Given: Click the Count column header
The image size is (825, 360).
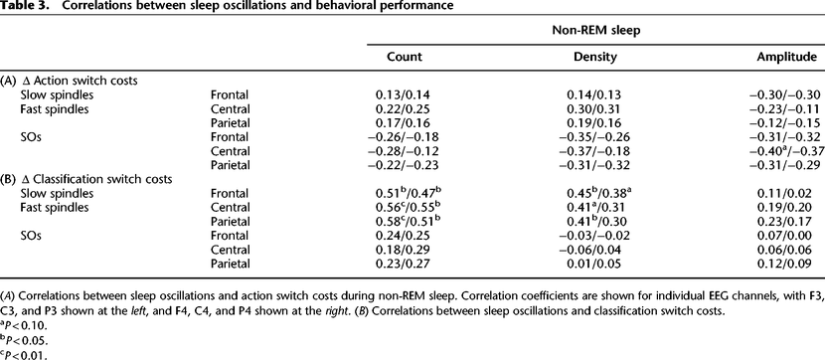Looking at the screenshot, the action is [405, 57].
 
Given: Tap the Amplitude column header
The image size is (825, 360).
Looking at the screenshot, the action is [787, 57].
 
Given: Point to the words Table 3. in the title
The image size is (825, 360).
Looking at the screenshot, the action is [21, 7].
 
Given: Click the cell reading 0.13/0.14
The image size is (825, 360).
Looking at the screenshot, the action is [405, 94].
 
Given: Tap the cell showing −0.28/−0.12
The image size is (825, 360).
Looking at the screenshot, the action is [405, 152].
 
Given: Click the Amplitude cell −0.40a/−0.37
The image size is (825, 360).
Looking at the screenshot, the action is [787, 151].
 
